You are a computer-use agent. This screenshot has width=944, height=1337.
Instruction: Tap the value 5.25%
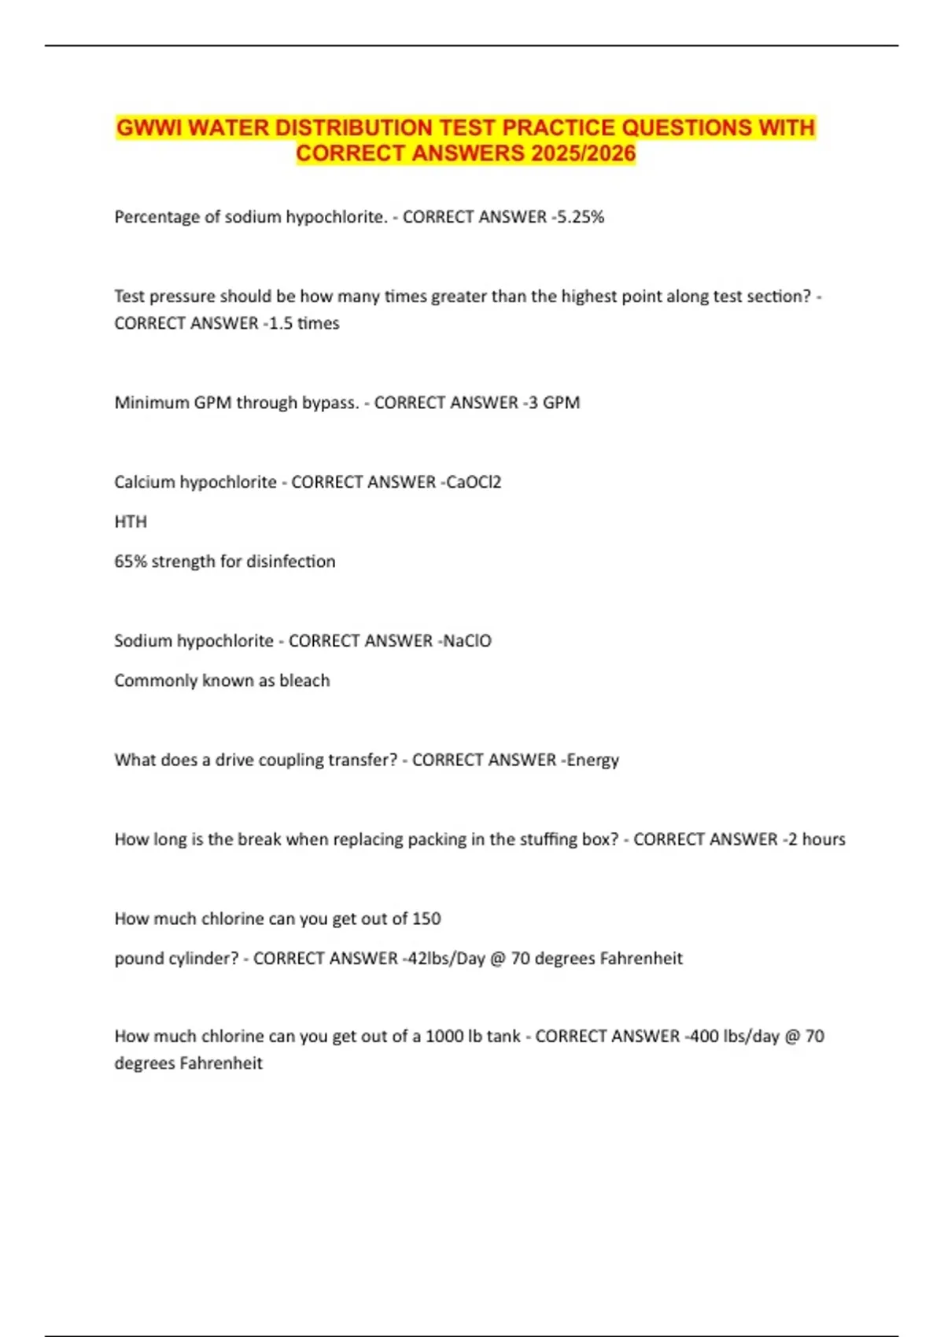(x=581, y=217)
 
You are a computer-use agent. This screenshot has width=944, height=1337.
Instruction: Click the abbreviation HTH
(x=131, y=521)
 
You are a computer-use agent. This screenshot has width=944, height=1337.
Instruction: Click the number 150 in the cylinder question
(x=426, y=919)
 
